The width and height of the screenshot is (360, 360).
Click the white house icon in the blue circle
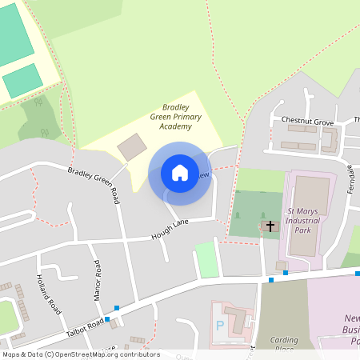click(x=180, y=173)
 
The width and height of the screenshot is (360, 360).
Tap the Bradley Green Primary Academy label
click(x=176, y=116)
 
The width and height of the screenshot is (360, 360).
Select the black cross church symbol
click(x=270, y=226)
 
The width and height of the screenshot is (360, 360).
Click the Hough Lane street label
click(x=169, y=232)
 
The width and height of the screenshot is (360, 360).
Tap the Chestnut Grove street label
click(x=306, y=121)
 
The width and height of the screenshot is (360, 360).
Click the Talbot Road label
click(x=86, y=325)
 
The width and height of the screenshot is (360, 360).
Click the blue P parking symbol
click(x=219, y=326)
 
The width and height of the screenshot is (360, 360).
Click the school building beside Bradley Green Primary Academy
click(x=132, y=147)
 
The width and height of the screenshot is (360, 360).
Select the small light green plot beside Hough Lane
click(x=207, y=259)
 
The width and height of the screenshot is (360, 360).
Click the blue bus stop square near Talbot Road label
click(x=107, y=318)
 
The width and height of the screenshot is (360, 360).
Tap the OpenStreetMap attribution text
click(x=81, y=354)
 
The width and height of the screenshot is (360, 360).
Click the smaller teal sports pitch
click(x=22, y=81)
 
